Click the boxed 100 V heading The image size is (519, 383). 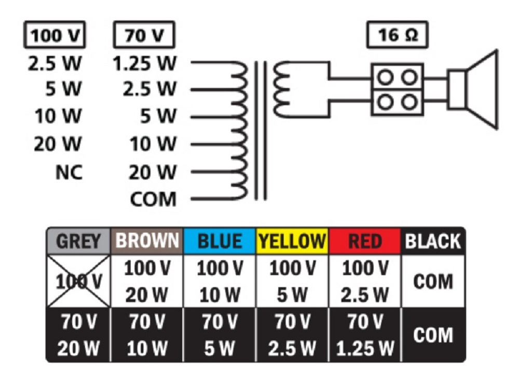click(54, 35)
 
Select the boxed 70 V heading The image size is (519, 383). click(144, 35)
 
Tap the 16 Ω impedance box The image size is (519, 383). click(397, 35)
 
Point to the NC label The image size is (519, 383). click(69, 173)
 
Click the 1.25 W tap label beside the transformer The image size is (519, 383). click(145, 63)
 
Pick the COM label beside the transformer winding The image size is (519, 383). click(153, 199)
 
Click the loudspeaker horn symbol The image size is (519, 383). click(473, 89)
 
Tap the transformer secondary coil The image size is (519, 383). click(281, 89)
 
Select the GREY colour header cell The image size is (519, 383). click(78, 241)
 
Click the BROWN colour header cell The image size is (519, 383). click(147, 241)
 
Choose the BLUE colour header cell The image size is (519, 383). click(220, 241)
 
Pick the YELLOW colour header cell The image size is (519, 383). click(292, 241)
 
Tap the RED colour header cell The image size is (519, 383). click(364, 241)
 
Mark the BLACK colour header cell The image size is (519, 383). click(433, 241)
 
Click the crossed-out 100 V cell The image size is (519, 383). click(78, 281)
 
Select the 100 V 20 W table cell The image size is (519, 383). click(147, 281)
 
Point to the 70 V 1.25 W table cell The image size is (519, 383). click(364, 335)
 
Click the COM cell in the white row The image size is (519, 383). click(433, 281)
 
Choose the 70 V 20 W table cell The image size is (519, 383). click(78, 335)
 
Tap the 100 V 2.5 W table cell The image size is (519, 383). click(364, 281)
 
